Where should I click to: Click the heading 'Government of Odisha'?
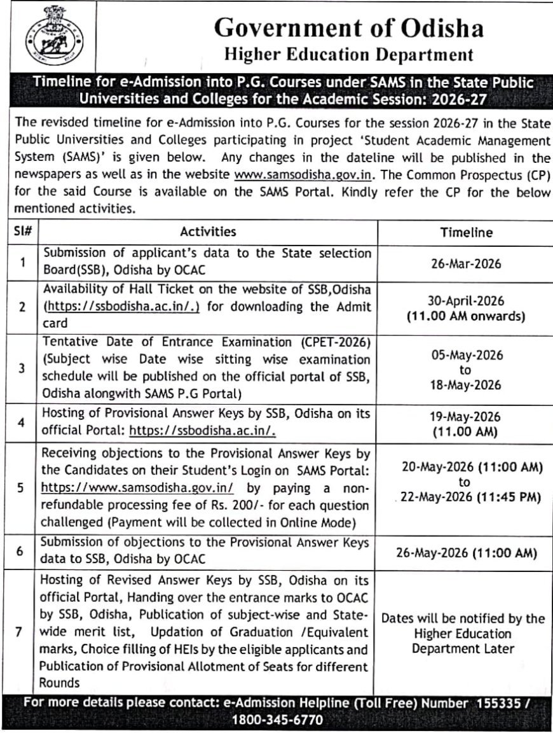(348, 29)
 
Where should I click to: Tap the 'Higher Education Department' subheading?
(349, 55)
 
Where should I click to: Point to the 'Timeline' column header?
(467, 233)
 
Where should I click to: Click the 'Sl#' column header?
(22, 232)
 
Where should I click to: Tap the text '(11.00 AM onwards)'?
(466, 316)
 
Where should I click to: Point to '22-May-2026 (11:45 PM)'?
(470, 497)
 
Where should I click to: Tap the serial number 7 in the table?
(21, 634)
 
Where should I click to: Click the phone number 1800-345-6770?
(276, 720)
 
